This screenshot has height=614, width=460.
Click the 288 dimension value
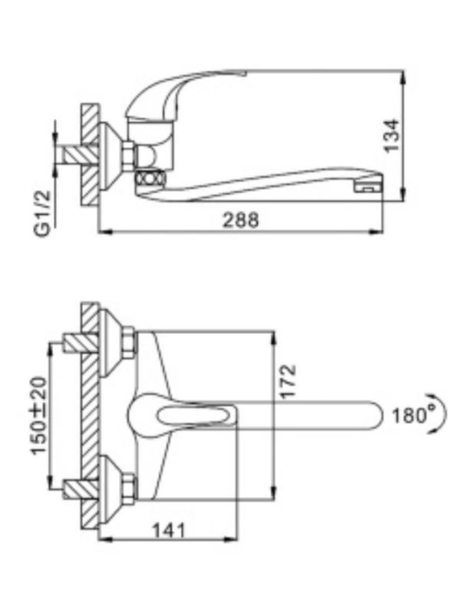click(241, 220)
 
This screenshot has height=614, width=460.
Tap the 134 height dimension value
click(391, 136)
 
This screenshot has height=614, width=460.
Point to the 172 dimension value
click(289, 381)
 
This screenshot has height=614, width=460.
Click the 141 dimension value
click(168, 531)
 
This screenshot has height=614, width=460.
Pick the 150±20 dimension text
click(39, 416)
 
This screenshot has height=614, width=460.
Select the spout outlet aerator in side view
click(367, 187)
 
